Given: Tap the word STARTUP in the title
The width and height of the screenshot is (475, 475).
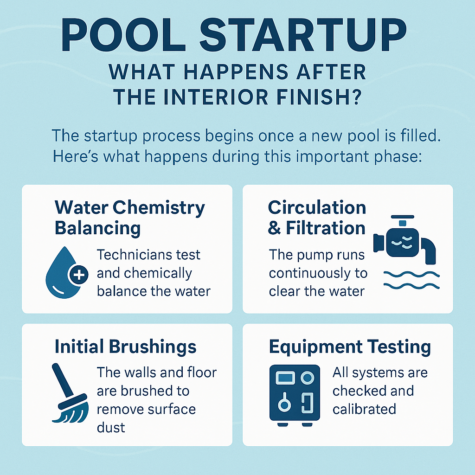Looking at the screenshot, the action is tap(303, 36).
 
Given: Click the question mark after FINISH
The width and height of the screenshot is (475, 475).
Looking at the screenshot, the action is tap(357, 97).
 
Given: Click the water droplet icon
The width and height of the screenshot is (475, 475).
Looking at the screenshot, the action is tap(64, 273).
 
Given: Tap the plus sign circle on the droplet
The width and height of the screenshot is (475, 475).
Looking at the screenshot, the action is tap(79, 275).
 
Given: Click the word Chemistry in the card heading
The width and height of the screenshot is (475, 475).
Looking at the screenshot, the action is tap(159, 209).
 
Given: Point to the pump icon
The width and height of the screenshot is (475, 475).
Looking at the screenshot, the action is tap(404, 239).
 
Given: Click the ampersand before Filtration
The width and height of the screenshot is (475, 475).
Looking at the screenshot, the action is tap(274, 228).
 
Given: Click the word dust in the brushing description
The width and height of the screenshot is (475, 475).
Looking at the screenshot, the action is tap(111, 428).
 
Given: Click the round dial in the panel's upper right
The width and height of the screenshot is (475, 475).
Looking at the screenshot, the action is tap(307, 378).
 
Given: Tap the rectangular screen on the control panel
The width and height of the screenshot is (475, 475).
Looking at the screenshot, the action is tap(285, 378).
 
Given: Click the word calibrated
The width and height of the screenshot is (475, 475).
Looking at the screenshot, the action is tap(364, 409).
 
